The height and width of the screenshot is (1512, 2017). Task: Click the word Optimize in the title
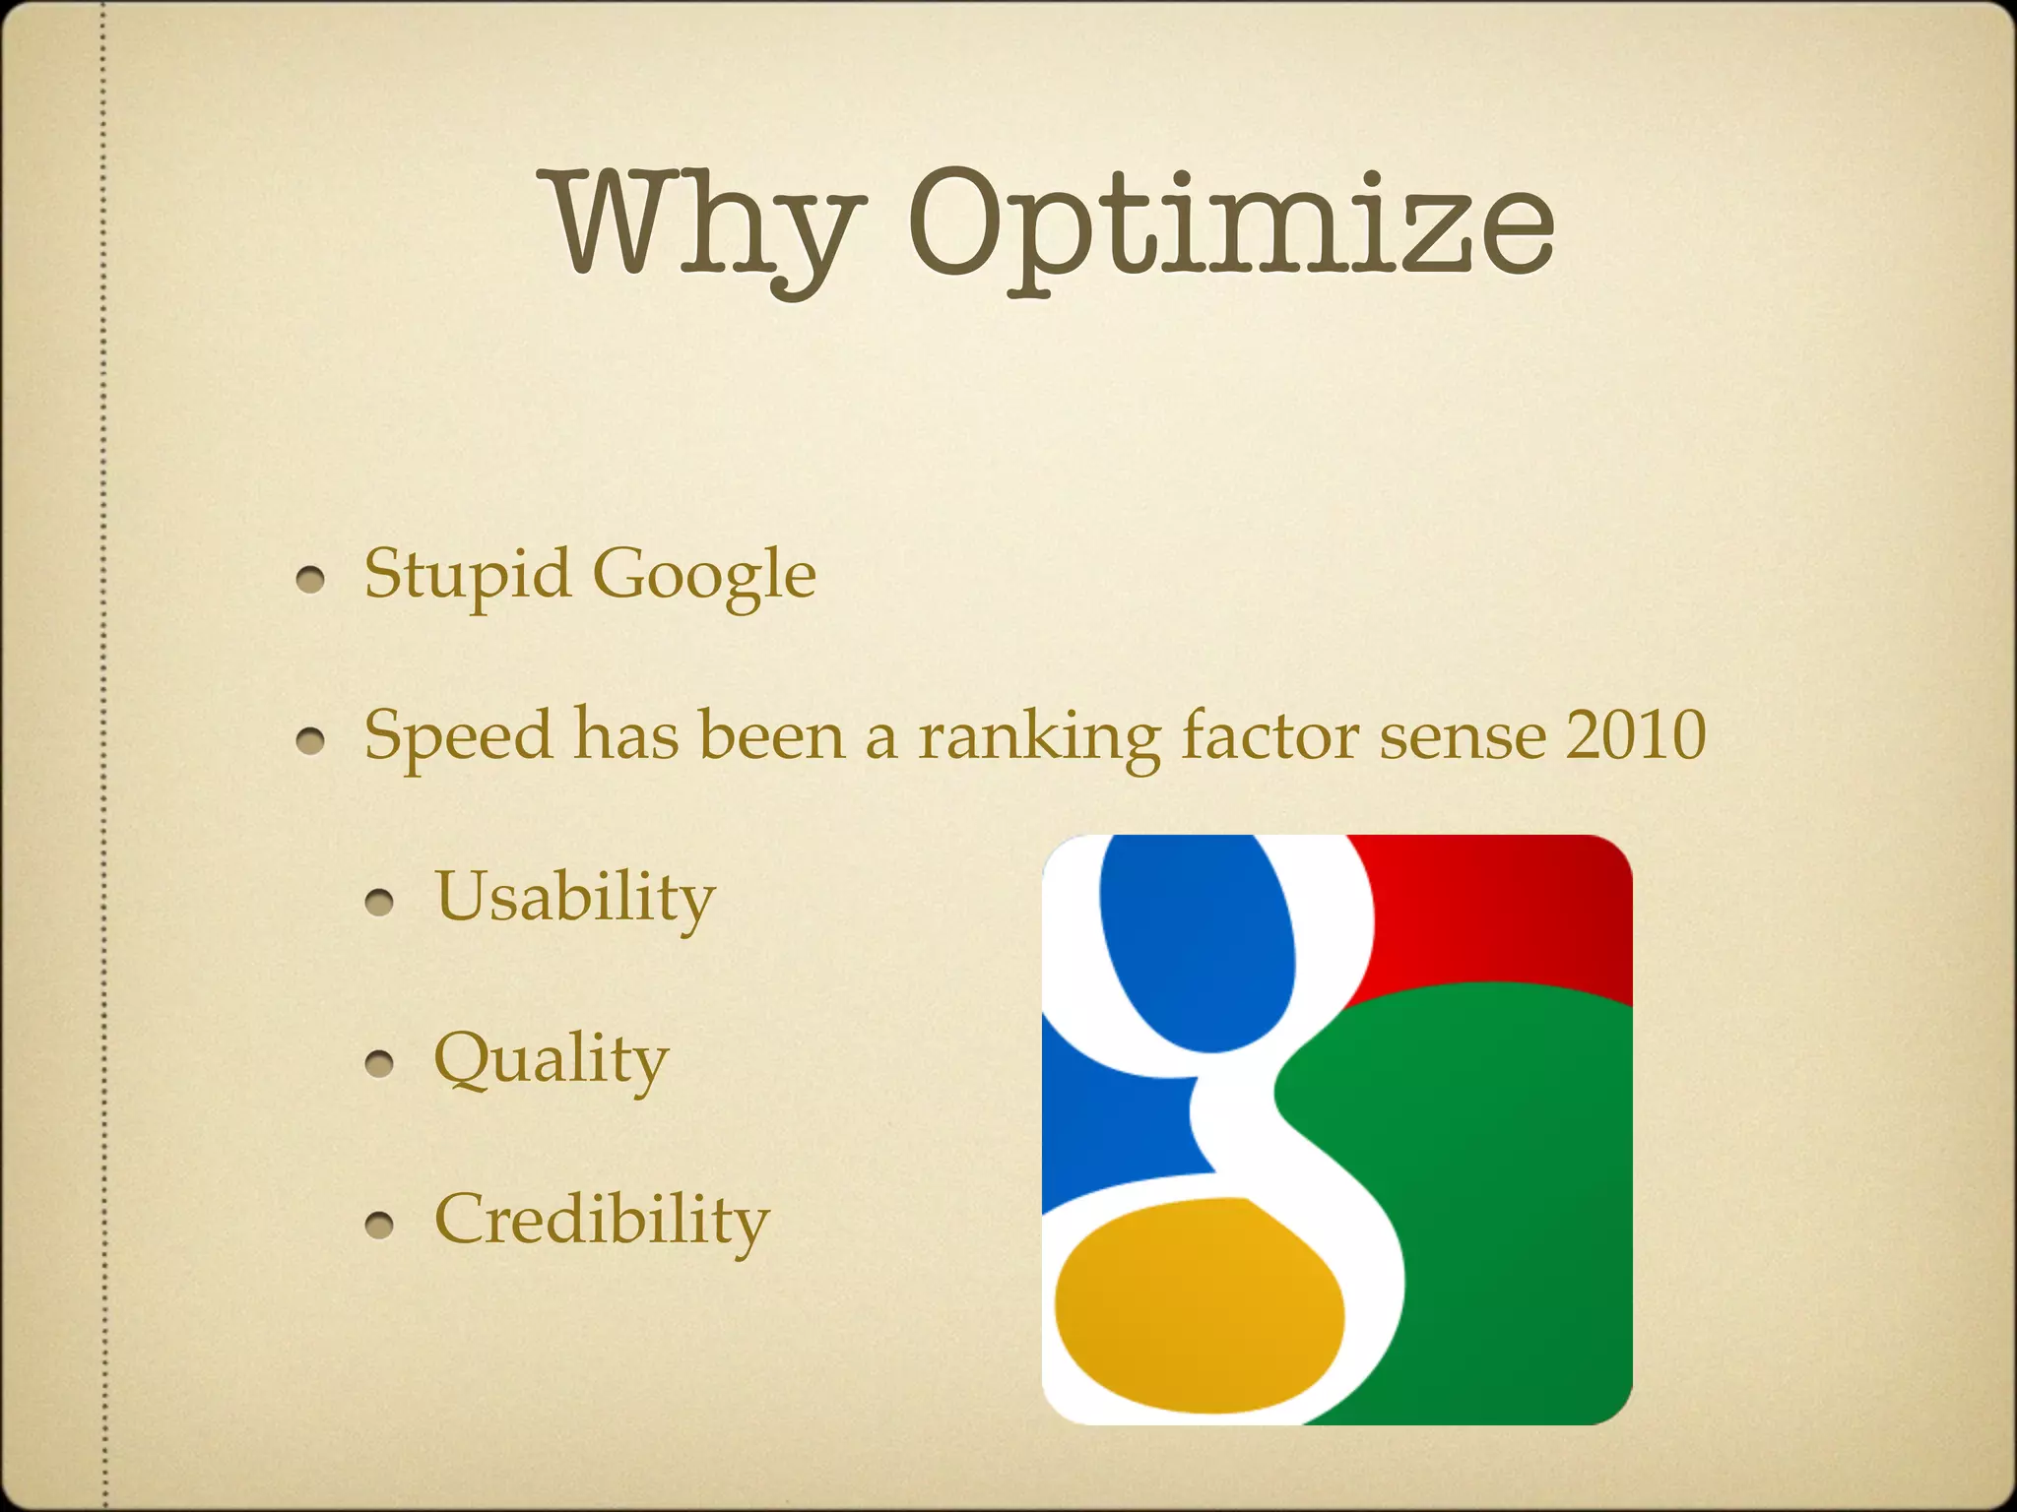1230,228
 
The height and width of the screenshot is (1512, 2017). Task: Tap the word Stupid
467,573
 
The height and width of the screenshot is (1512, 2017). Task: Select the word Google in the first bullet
704,575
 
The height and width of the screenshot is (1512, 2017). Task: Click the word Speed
458,736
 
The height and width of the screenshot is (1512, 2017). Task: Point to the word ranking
1038,736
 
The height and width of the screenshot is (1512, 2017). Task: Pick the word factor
1269,734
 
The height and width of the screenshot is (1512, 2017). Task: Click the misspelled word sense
1462,736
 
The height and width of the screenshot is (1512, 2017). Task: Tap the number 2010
1636,734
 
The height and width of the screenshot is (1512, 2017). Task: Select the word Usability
575,898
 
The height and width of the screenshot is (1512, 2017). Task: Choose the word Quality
552,1059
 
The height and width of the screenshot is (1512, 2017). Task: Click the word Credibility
602,1221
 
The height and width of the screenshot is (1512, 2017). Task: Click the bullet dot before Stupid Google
311,580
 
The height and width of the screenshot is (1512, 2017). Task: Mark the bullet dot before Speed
311,741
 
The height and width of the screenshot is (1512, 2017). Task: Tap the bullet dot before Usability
379,902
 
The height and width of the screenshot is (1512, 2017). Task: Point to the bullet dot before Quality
379,1063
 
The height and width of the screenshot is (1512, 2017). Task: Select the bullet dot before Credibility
379,1225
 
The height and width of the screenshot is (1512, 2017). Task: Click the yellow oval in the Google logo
1199,1305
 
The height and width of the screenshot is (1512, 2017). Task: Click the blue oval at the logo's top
1197,941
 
